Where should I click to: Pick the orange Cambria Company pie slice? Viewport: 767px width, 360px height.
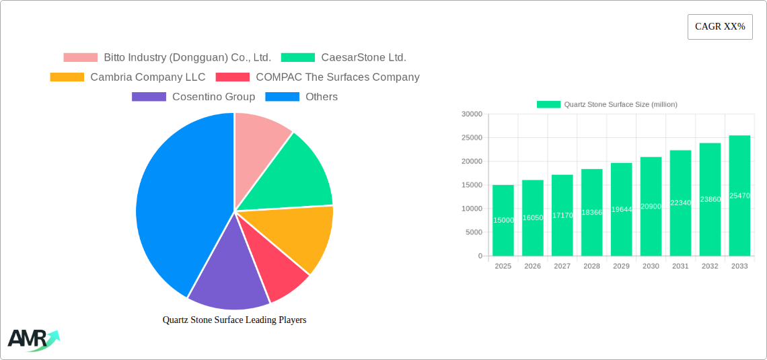pos(299,236)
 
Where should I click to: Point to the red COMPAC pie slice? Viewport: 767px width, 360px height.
pos(276,269)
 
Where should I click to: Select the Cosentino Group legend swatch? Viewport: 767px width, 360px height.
pos(149,97)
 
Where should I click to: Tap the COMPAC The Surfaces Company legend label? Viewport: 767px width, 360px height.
pos(337,77)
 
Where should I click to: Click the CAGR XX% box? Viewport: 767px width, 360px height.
pos(720,27)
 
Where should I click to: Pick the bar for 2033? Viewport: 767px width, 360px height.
pos(739,196)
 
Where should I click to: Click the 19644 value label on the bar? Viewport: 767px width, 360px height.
pos(621,209)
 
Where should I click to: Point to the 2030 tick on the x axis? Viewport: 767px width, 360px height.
pos(651,266)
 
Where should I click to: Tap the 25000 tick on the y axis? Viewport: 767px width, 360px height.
pos(472,138)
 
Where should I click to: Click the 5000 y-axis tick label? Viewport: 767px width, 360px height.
pos(474,232)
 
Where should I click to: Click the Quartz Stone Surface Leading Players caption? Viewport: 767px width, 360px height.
pos(234,320)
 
